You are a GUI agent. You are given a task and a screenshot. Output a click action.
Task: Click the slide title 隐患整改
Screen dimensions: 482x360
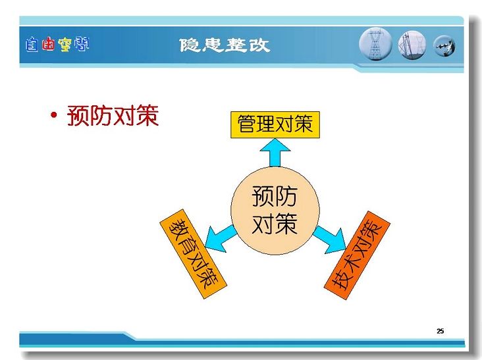(x=225, y=45)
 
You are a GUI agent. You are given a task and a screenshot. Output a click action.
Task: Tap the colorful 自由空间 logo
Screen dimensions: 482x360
(x=57, y=44)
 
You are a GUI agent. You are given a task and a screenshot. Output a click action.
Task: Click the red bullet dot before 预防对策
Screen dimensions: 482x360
(x=54, y=115)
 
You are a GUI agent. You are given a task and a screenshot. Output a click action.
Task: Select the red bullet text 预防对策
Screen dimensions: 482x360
(x=113, y=115)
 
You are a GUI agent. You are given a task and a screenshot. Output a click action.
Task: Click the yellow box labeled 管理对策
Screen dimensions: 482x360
(x=275, y=124)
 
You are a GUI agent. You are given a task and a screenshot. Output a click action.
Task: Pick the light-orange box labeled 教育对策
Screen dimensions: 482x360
(x=194, y=254)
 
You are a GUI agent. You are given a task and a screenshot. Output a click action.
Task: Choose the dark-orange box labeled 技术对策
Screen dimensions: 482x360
(x=357, y=255)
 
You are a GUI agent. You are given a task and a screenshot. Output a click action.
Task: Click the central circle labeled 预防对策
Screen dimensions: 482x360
(x=275, y=211)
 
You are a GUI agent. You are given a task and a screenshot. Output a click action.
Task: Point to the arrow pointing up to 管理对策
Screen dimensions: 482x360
(x=275, y=153)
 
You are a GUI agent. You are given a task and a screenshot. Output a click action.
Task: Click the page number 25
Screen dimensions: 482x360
(x=441, y=331)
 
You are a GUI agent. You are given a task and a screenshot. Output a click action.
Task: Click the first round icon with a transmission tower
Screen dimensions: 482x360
(x=375, y=44)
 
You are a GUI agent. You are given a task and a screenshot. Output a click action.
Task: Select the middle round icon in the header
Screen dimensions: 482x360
(x=412, y=45)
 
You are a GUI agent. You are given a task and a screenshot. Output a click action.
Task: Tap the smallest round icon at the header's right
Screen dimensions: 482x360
(x=444, y=46)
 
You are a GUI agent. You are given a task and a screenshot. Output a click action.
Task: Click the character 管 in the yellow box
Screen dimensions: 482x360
(x=247, y=124)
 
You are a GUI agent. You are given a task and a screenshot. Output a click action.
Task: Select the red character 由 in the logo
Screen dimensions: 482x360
(x=48, y=44)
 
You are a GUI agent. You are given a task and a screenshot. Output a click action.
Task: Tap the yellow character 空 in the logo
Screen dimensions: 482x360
(x=65, y=45)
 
